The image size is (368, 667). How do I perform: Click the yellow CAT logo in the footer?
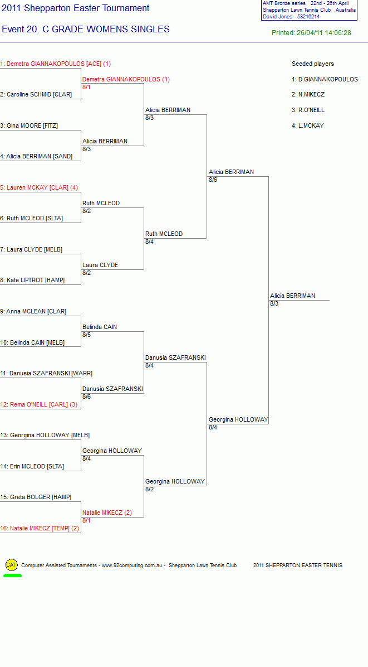(x=12, y=565)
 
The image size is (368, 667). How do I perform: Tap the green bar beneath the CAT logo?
(x=12, y=576)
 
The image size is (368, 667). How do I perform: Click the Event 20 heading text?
(x=86, y=30)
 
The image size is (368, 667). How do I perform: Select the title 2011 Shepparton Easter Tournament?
(x=76, y=8)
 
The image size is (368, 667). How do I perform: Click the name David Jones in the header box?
(x=278, y=17)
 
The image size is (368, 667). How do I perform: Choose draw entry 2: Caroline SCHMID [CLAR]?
(x=36, y=95)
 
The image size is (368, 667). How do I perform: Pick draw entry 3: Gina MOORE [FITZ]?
(x=29, y=126)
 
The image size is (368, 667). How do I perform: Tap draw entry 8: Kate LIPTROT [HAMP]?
(x=32, y=281)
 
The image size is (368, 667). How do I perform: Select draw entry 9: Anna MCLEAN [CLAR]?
(x=33, y=311)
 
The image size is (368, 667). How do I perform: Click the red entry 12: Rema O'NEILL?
(x=38, y=404)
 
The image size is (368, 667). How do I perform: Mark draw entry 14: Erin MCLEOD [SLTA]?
(x=32, y=466)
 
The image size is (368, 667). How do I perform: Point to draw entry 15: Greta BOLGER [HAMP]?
(x=36, y=497)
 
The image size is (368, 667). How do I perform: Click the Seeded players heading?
(x=313, y=64)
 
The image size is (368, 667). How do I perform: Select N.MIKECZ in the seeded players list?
(x=308, y=95)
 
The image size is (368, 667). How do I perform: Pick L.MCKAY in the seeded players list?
(x=308, y=126)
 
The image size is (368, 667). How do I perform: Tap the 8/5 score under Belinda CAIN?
(x=87, y=335)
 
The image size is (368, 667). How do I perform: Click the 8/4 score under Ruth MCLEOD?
(x=149, y=241)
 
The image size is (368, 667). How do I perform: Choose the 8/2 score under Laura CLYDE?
(x=87, y=273)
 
